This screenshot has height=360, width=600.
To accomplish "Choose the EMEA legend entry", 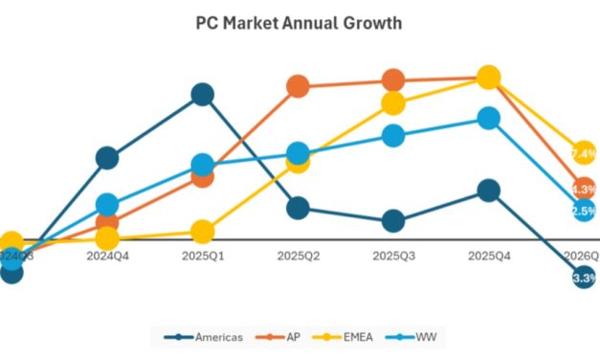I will click(357, 337).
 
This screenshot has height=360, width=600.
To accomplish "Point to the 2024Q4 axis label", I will click(107, 257).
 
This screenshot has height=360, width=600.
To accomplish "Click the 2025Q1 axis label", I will click(202, 257).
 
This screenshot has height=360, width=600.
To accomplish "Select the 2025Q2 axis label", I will click(298, 257).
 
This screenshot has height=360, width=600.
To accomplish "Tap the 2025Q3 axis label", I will click(393, 257).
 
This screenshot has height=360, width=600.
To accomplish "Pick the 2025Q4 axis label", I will click(488, 257).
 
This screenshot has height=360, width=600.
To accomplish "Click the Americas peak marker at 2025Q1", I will click(202, 94).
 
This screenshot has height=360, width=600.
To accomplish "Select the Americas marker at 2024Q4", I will click(107, 158).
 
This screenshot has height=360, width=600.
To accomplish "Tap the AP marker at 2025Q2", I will click(298, 85).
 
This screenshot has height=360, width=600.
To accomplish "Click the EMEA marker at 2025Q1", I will click(202, 232).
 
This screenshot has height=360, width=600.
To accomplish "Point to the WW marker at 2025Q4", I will click(488, 118).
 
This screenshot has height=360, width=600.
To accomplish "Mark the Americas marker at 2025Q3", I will click(393, 221).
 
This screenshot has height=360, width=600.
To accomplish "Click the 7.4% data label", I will click(584, 153).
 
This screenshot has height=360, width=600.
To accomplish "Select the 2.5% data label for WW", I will click(584, 211).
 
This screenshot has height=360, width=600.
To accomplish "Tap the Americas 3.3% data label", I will click(584, 278).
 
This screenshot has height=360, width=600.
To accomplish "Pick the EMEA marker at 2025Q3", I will click(393, 102).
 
